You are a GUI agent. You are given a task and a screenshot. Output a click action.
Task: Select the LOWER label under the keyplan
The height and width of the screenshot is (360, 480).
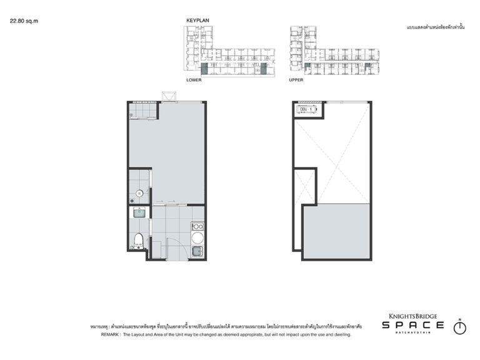(x=194, y=81)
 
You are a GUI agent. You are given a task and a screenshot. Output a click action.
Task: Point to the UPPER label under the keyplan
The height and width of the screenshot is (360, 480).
(x=296, y=81)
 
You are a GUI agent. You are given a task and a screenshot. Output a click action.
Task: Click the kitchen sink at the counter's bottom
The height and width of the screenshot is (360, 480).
(x=197, y=251)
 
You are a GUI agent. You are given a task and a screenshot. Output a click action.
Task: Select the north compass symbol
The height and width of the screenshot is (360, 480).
(x=459, y=327)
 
